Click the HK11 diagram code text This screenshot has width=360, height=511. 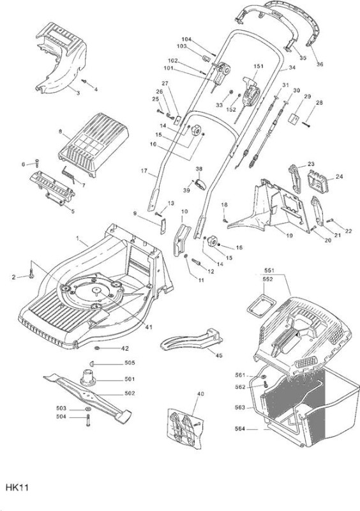pos(17,487)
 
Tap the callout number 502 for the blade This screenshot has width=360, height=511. pos(130,393)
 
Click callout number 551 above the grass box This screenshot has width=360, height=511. pos(269,270)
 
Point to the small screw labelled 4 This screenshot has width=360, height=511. pos(84,80)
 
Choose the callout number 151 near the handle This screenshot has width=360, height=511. pos(259,66)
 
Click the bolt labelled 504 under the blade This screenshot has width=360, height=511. pos(88,420)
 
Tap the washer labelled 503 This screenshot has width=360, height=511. pos(88,409)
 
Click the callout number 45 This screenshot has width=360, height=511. pos(219,355)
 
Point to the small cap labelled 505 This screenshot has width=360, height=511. pos(91,363)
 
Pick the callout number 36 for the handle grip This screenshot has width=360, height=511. pos(320,65)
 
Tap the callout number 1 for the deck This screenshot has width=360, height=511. pos(77,238)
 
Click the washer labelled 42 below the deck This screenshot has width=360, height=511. pos(98,348)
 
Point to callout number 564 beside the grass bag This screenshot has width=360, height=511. pos(240,429)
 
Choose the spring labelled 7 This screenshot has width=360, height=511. pos(68,174)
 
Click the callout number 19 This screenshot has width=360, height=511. pos(290,235)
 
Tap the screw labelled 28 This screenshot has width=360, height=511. pos(306,123)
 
